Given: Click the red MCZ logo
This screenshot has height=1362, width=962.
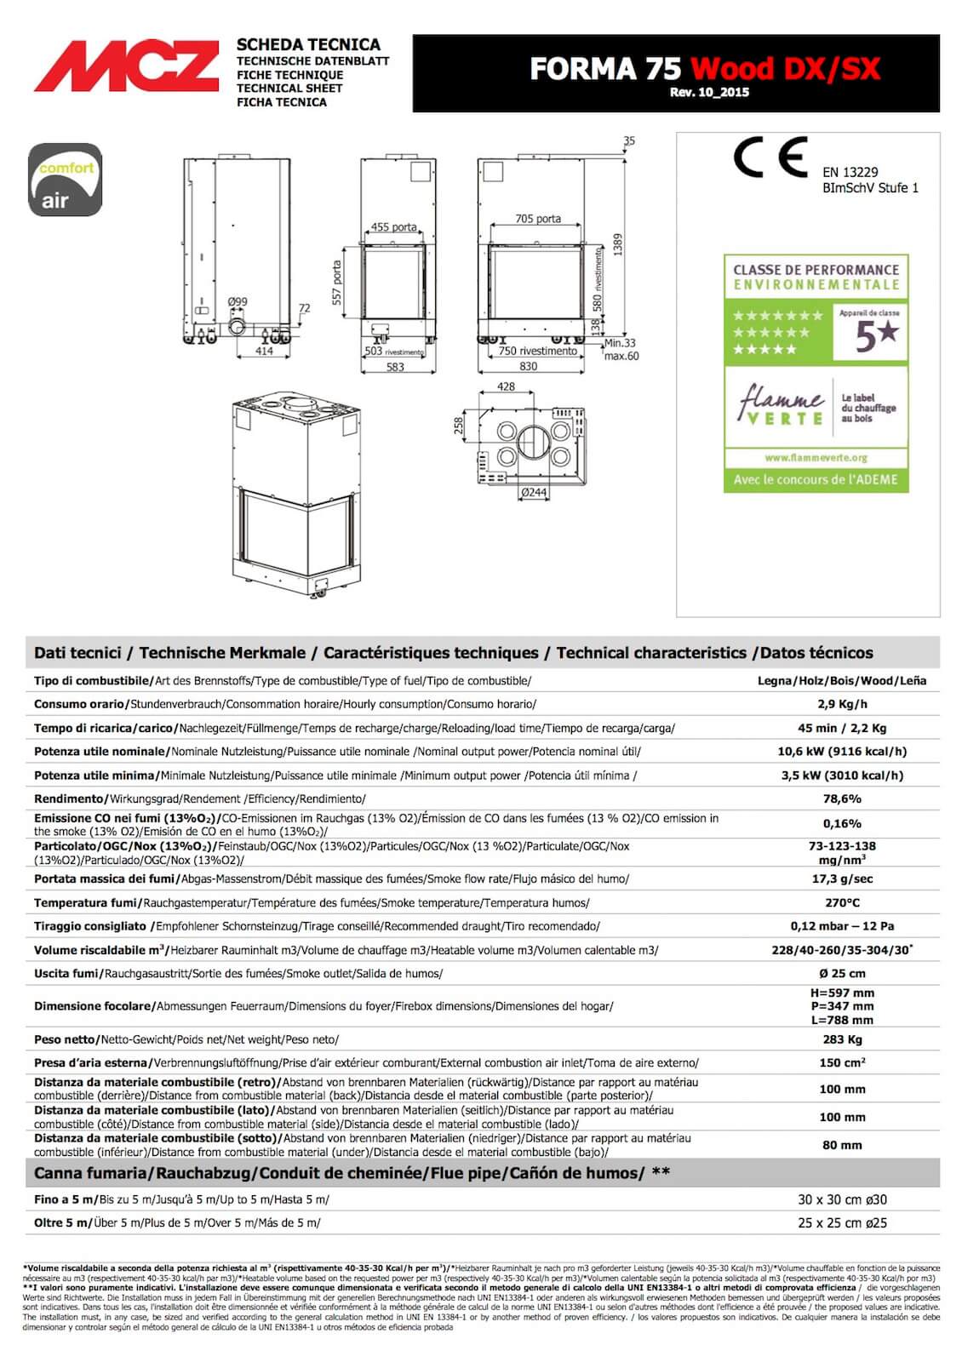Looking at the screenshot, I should [126, 68].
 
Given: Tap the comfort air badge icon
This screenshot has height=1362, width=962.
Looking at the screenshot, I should [66, 180].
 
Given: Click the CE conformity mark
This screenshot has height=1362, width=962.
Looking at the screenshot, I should [770, 157].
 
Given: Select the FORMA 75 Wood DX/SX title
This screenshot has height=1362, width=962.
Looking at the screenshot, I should [704, 68].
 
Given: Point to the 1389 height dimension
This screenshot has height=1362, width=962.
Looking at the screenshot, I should [618, 245].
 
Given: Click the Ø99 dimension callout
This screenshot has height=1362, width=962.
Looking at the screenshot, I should [238, 302].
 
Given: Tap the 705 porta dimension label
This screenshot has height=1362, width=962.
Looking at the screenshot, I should [538, 219].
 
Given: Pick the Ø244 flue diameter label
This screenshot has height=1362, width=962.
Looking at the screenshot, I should [534, 492].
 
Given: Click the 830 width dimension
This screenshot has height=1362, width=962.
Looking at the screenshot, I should [528, 367].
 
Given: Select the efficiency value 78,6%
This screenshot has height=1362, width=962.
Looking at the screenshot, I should [841, 798].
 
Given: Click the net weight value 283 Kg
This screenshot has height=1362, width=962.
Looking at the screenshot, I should [841, 1039].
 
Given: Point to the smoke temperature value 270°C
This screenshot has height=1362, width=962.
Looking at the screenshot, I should [841, 902].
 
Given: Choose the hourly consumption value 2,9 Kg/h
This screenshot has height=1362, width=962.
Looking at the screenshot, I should [841, 704].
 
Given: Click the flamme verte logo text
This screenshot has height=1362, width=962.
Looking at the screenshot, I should [782, 406].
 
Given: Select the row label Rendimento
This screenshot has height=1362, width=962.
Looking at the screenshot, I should [69, 798].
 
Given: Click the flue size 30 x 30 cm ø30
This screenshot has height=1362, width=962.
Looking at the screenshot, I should [841, 1199].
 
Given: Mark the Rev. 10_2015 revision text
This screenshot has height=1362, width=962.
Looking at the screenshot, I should [709, 92].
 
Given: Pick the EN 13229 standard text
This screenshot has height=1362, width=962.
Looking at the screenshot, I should [850, 172].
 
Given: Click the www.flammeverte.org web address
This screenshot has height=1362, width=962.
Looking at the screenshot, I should [816, 457].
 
